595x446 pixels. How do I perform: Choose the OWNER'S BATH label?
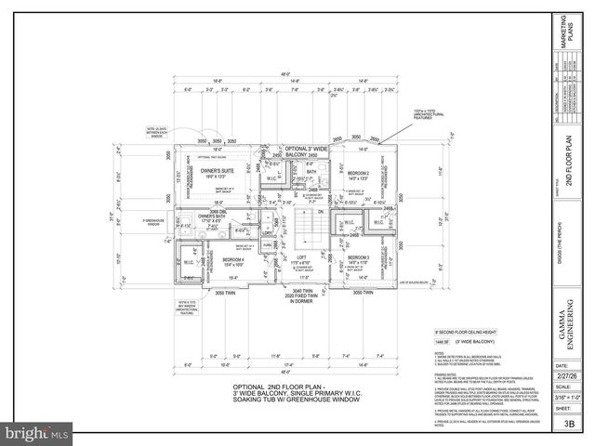point(213,216)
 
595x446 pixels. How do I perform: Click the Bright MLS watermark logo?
point(37,433)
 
